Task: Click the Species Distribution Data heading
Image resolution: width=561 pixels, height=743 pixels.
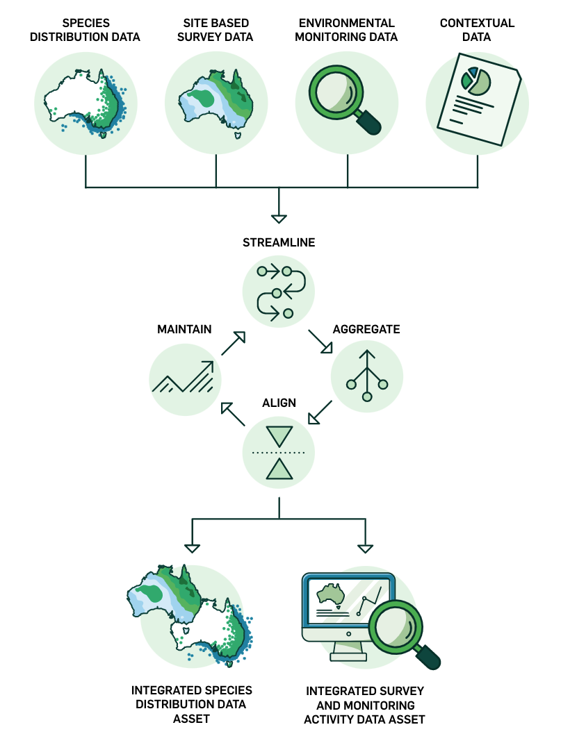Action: click(86, 30)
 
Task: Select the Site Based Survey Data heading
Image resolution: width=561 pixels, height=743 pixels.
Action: click(216, 30)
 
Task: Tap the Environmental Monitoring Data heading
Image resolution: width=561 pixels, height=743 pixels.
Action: click(346, 30)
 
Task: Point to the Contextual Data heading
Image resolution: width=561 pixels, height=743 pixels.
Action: click(477, 30)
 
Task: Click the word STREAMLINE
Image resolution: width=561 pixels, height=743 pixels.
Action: click(279, 242)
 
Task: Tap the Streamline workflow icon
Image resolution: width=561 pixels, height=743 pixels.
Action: click(279, 290)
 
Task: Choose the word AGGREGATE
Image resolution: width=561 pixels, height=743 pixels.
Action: click(366, 329)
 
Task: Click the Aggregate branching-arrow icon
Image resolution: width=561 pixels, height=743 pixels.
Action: click(368, 379)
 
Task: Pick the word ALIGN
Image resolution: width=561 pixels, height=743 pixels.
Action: click(279, 403)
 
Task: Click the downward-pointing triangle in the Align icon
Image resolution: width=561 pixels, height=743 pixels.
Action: click(279, 436)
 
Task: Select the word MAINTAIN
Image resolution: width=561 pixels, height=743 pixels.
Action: click(184, 329)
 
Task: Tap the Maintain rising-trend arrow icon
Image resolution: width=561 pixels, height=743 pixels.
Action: click(185, 378)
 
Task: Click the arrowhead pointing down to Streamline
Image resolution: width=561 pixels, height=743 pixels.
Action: click(279, 219)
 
